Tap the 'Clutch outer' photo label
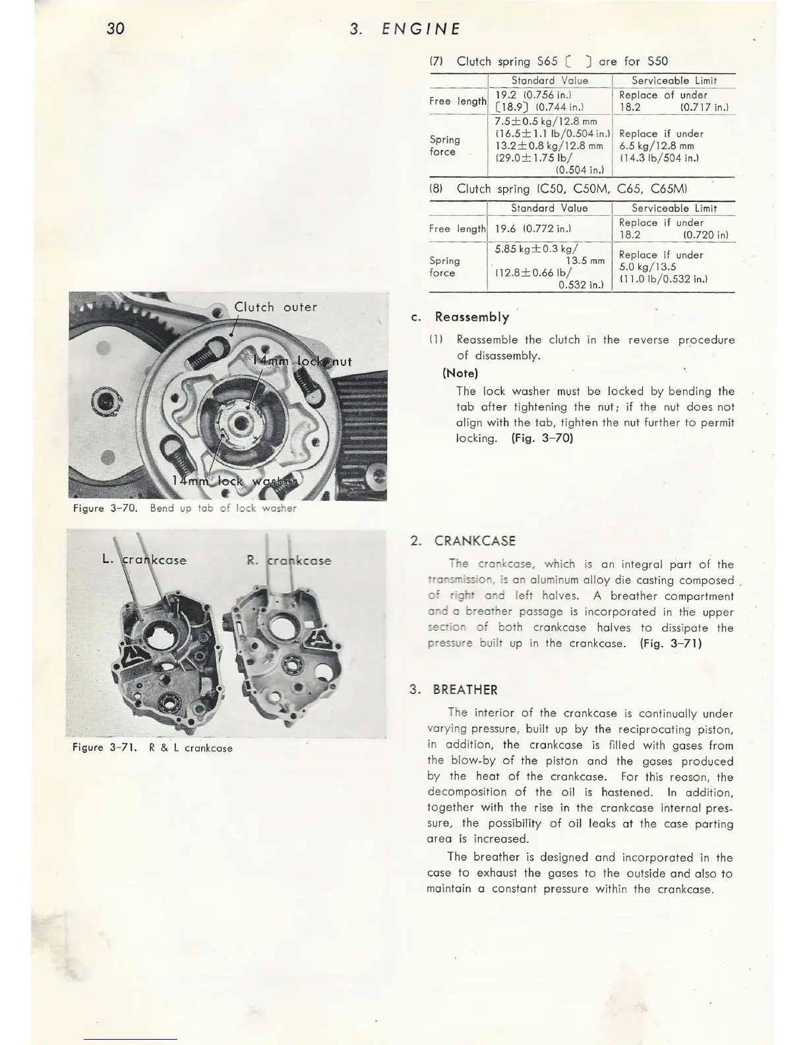pyautogui.click(x=276, y=307)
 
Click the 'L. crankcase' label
pyautogui.click(x=144, y=560)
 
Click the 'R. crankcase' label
pyautogui.click(x=289, y=561)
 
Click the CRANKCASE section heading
pyautogui.click(x=474, y=541)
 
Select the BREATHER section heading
pyautogui.click(x=465, y=690)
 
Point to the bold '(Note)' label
pyautogui.click(x=460, y=373)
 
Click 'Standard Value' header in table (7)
pyautogui.click(x=549, y=80)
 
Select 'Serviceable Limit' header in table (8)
pyautogui.click(x=674, y=208)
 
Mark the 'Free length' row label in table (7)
pyautogui.click(x=458, y=101)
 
